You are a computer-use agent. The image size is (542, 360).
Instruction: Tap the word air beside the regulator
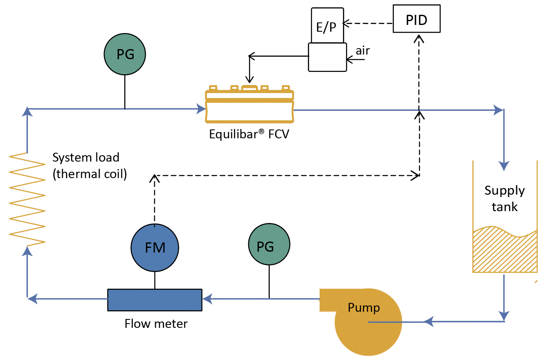click(362, 51)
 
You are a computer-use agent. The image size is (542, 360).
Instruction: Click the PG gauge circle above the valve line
click(125, 55)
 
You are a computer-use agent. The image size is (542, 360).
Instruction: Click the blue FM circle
click(155, 247)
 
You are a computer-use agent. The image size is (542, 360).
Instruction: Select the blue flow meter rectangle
click(155, 299)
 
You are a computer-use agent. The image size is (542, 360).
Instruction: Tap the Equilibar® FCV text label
click(249, 135)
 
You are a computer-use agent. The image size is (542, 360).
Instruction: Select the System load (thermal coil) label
click(89, 166)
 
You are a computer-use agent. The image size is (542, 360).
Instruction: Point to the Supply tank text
click(504, 198)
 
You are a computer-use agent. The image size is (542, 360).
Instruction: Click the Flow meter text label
click(156, 324)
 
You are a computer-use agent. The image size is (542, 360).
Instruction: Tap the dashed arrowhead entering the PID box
click(419, 38)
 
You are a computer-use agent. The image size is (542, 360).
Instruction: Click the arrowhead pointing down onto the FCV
click(249, 79)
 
